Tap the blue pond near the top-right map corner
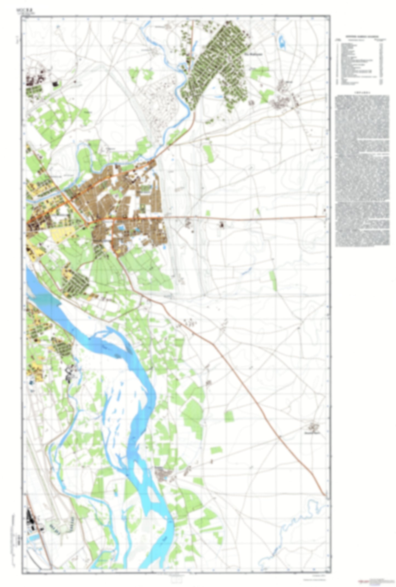coord(281,41)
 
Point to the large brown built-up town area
coord(129,203)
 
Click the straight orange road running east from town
coord(247,217)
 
